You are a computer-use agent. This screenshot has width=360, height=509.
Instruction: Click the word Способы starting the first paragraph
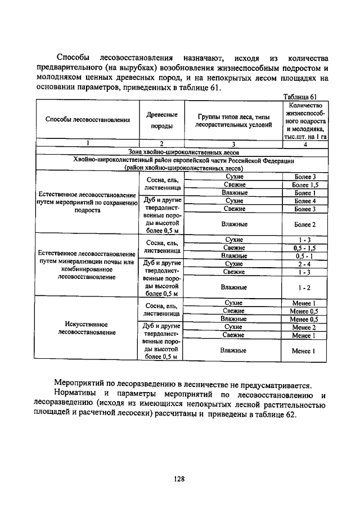point(74,58)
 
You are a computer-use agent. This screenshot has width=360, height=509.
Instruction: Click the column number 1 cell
point(87,144)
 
